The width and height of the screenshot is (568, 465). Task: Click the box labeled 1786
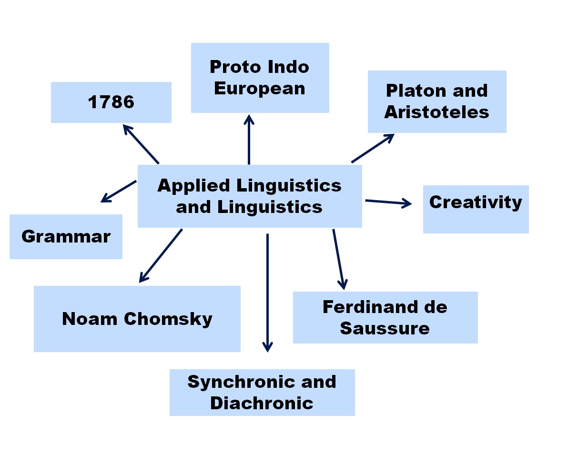tap(111, 102)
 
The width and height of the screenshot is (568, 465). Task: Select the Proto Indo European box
tap(260, 78)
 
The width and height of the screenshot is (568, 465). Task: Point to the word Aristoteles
tap(436, 112)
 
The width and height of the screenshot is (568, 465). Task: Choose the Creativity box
tap(476, 209)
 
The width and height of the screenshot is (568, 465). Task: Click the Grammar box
tap(66, 236)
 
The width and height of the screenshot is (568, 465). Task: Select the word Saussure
tap(385, 328)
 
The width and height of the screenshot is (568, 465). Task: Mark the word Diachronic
tap(262, 403)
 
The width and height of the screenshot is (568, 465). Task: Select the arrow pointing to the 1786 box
tap(141, 144)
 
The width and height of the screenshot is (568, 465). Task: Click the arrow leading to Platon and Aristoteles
tap(373, 148)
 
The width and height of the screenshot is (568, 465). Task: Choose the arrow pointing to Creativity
tap(388, 202)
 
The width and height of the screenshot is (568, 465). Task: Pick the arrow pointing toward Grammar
tap(119, 191)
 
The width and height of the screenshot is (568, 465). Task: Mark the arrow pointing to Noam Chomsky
tap(161, 256)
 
